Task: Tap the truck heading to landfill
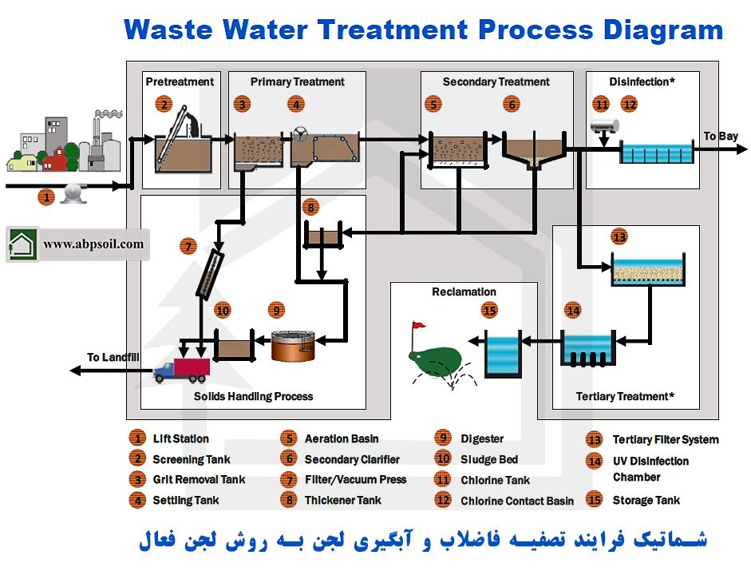(x=181, y=369)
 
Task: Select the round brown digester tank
(x=293, y=345)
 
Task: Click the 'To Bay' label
(x=720, y=136)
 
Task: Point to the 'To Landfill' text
(x=113, y=357)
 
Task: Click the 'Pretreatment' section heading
(x=180, y=81)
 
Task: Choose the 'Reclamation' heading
(x=464, y=291)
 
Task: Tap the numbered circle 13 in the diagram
(x=619, y=236)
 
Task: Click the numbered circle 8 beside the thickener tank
(x=310, y=208)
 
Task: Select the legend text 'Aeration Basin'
(x=341, y=438)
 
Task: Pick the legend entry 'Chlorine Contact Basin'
(x=516, y=501)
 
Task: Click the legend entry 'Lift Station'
(x=180, y=438)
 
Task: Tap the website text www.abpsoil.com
(x=93, y=244)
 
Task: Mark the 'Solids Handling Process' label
(x=253, y=396)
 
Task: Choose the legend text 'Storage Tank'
(x=646, y=500)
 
